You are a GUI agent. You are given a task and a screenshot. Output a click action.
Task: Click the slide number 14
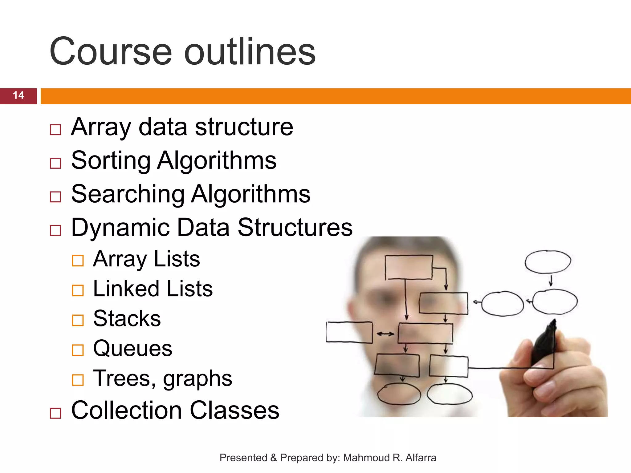click(18, 95)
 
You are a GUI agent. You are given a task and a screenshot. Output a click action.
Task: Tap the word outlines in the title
click(250, 51)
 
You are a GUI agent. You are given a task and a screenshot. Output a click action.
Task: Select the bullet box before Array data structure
click(55, 130)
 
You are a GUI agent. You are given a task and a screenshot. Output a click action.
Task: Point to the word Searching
click(128, 194)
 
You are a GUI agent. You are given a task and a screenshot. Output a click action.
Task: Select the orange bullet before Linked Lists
click(78, 290)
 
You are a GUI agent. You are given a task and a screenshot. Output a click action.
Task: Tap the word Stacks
click(127, 318)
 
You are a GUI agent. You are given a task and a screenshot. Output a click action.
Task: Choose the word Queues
click(132, 348)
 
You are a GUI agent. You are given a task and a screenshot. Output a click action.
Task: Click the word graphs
click(197, 379)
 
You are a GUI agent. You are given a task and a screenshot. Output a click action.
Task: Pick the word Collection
click(127, 410)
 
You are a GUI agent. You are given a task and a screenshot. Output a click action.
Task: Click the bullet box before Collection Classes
click(55, 413)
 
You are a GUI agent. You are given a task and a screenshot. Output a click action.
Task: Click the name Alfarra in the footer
click(421, 458)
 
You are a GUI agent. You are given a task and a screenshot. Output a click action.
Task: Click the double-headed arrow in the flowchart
click(385, 334)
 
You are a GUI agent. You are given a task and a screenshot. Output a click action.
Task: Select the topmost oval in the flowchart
click(548, 262)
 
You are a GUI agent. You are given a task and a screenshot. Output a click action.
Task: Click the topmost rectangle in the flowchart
click(409, 267)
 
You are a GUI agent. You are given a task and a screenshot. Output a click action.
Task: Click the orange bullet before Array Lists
click(78, 261)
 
